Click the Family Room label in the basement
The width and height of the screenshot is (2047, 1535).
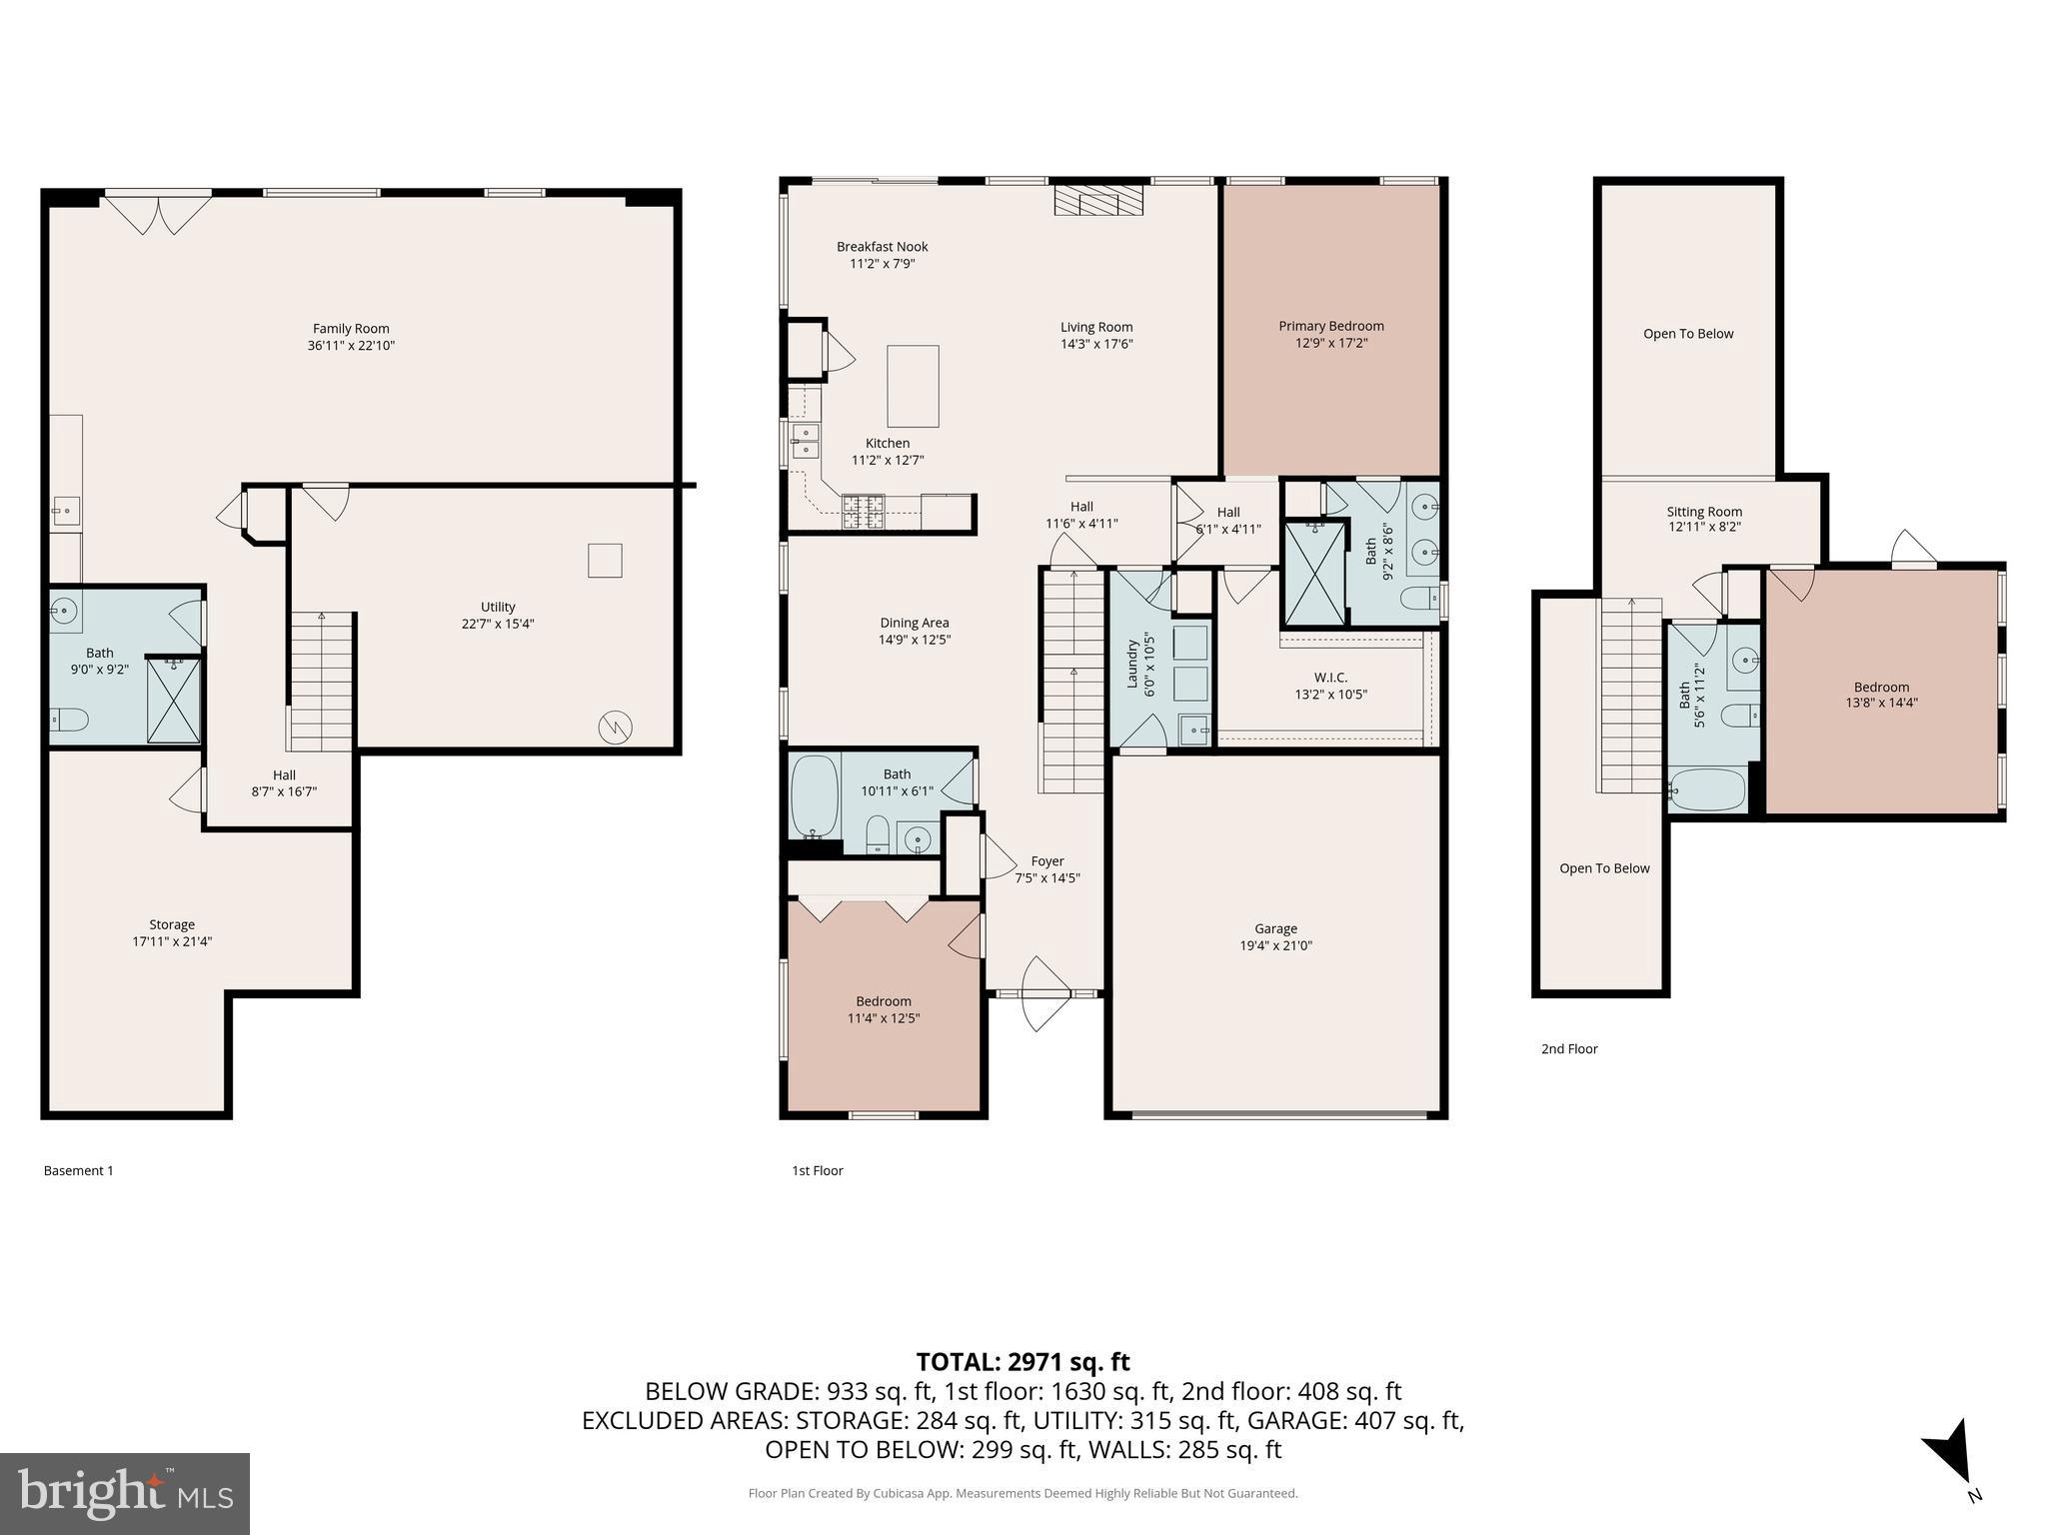click(x=351, y=328)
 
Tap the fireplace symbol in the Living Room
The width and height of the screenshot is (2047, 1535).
click(x=1097, y=200)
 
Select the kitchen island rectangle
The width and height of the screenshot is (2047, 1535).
click(x=913, y=386)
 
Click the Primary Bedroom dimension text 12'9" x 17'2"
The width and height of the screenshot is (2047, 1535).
click(x=1330, y=343)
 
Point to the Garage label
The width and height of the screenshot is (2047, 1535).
click(x=1275, y=928)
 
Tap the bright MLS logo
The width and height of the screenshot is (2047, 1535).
click(x=125, y=1494)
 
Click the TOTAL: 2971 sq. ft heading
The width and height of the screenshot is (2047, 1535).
click(x=1023, y=1361)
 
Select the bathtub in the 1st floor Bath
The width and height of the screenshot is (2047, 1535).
click(x=815, y=796)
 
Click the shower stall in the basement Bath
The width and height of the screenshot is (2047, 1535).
click(x=174, y=700)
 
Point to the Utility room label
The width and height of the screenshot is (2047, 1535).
click(x=498, y=607)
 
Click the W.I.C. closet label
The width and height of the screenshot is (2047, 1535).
click(x=1330, y=677)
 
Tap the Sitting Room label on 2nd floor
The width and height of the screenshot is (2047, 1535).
click(x=1703, y=511)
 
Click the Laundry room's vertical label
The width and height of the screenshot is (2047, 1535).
click(x=1132, y=664)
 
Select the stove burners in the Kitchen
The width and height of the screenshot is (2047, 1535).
click(x=864, y=512)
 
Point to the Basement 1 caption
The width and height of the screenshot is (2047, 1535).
click(x=78, y=1170)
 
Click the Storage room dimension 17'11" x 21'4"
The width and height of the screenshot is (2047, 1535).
click(x=172, y=941)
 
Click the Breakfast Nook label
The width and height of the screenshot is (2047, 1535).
click(x=882, y=246)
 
